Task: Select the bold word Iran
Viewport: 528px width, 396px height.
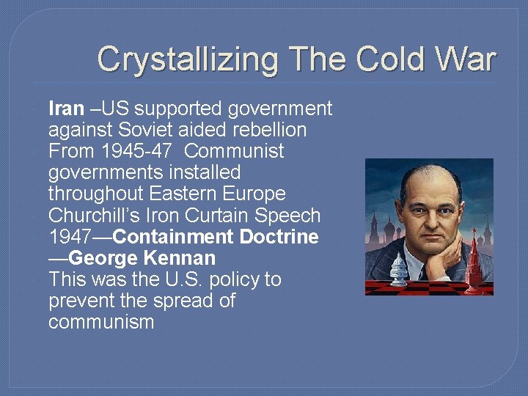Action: (66, 109)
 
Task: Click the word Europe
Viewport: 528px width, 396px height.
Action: (257, 194)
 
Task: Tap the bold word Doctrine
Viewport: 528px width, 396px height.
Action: (282, 237)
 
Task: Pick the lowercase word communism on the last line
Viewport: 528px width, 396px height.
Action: (101, 322)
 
